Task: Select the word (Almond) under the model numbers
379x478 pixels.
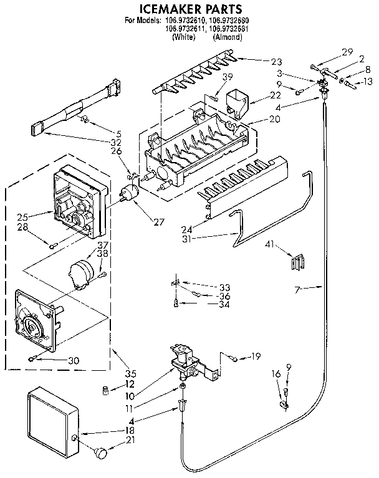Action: click(227, 37)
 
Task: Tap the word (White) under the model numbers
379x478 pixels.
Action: click(183, 37)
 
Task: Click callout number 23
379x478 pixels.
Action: click(276, 61)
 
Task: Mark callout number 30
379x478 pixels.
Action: click(74, 360)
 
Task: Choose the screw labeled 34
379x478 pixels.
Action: click(177, 304)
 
